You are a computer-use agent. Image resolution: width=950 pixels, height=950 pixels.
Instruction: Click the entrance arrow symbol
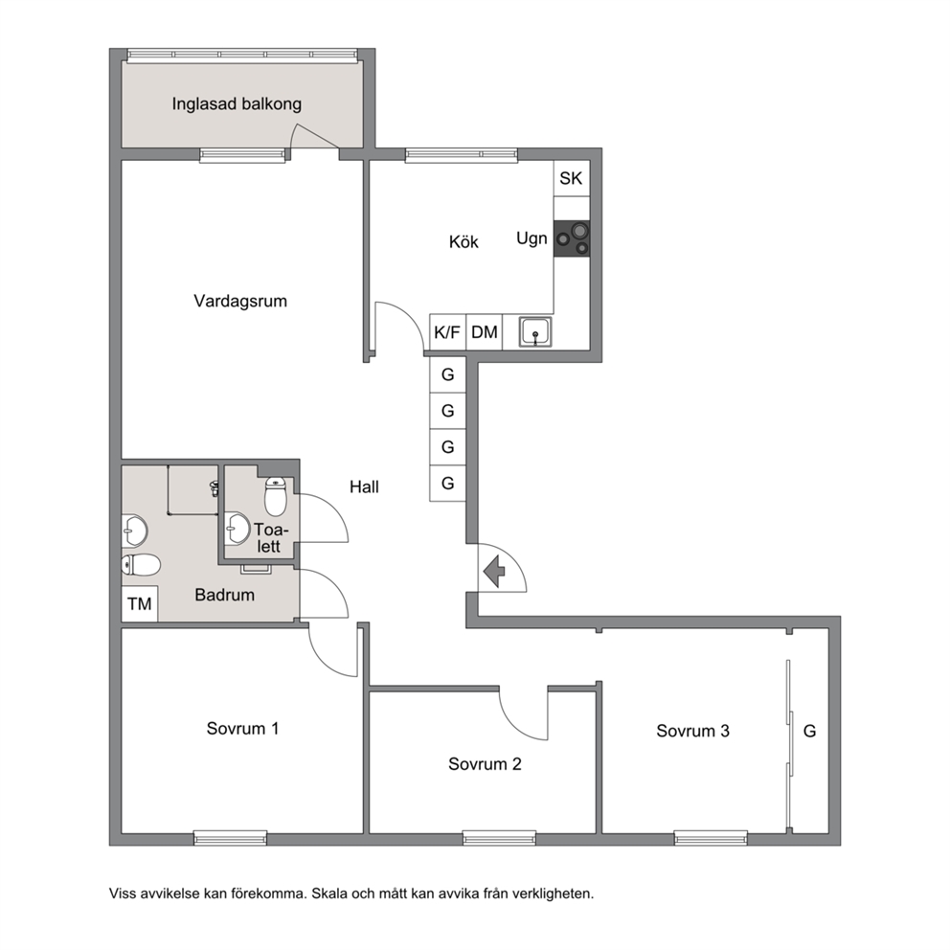tap(494, 572)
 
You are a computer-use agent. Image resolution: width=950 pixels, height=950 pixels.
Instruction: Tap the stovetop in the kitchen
tap(572, 238)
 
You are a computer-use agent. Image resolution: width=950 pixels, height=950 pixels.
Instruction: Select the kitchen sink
tap(535, 332)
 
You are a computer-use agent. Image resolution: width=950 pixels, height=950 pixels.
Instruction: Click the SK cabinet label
tap(571, 178)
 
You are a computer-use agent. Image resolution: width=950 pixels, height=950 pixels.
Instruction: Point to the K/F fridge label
tap(447, 332)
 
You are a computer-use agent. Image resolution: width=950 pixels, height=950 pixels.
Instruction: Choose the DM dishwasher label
tap(484, 332)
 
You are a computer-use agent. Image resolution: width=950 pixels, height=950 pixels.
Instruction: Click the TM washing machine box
tap(140, 603)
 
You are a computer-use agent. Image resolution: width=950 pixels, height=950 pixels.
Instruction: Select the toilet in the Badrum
tap(141, 565)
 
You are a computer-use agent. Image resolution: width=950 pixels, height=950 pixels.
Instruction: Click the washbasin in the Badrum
tap(134, 532)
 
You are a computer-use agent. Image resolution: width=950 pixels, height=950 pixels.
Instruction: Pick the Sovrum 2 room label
tap(485, 764)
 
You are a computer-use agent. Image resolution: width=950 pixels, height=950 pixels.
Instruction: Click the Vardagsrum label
tap(240, 301)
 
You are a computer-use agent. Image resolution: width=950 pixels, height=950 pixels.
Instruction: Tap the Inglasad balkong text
tap(237, 104)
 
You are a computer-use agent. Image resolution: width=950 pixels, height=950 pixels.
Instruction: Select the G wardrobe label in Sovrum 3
tap(809, 732)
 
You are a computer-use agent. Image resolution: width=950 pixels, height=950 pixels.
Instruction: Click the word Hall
tap(364, 486)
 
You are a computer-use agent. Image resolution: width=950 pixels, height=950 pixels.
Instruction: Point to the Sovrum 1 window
tap(230, 838)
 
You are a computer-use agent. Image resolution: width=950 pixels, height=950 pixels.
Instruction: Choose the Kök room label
tap(464, 241)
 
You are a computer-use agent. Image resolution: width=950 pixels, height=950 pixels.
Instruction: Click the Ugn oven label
tap(532, 238)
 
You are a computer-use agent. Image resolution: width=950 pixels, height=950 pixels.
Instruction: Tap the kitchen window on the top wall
tap(462, 154)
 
